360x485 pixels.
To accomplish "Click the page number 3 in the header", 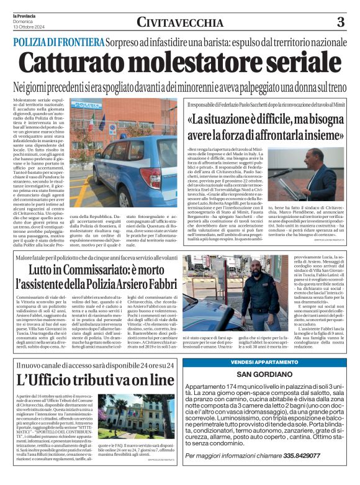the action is tap(340, 23).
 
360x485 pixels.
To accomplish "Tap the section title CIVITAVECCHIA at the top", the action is tap(181, 23).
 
